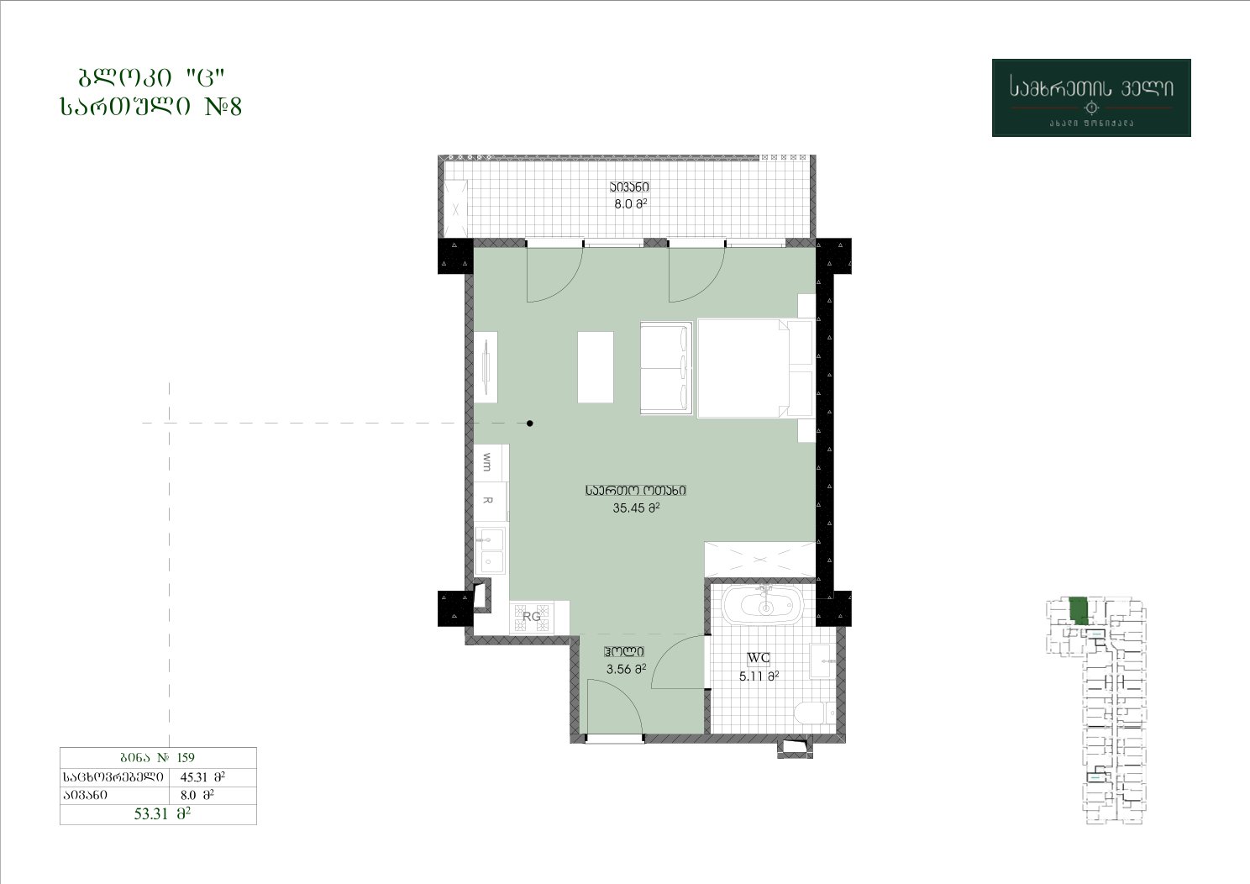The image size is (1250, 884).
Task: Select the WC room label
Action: pyautogui.click(x=759, y=658)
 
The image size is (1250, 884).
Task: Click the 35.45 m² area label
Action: pyautogui.click(x=636, y=508)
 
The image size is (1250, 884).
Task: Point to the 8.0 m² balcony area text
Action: pyautogui.click(x=631, y=204)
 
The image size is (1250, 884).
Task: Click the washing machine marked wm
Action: pyautogui.click(x=491, y=463)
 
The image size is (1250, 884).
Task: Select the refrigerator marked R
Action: pyautogui.click(x=491, y=501)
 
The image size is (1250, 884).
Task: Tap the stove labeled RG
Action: pyautogui.click(x=532, y=617)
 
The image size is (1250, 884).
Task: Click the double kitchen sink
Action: pyautogui.click(x=490, y=551)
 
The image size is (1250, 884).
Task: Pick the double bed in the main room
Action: pyautogui.click(x=754, y=368)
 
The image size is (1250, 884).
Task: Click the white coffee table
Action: pyautogui.click(x=596, y=367)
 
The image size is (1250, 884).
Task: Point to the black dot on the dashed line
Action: pyautogui.click(x=529, y=423)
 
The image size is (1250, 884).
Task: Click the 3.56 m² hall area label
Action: pyautogui.click(x=626, y=669)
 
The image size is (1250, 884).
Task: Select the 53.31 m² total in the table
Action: pyautogui.click(x=162, y=814)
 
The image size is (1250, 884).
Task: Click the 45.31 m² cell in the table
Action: pyautogui.click(x=202, y=776)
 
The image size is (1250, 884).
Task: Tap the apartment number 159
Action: pyautogui.click(x=186, y=757)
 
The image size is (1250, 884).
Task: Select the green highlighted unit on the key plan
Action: pyautogui.click(x=1079, y=610)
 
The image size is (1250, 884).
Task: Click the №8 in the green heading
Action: pyautogui.click(x=223, y=106)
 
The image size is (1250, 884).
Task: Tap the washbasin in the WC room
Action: pyautogui.click(x=822, y=660)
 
